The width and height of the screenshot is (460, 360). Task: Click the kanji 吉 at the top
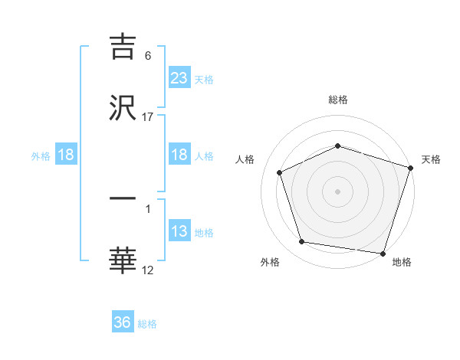(x=123, y=47)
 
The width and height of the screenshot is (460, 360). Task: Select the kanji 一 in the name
(x=123, y=198)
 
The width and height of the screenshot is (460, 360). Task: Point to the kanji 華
(x=123, y=261)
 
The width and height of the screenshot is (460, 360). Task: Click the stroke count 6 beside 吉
(x=148, y=56)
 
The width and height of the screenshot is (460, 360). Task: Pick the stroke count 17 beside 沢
(x=148, y=116)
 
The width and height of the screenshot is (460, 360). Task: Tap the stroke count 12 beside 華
(x=148, y=270)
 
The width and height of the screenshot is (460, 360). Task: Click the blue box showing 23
(x=179, y=77)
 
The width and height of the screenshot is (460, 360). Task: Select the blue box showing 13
(x=179, y=231)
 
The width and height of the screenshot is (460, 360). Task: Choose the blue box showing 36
(x=123, y=322)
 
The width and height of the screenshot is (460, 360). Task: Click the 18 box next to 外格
(x=66, y=155)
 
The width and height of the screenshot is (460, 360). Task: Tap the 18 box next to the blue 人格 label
(x=179, y=155)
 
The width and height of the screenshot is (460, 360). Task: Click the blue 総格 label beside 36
(x=147, y=324)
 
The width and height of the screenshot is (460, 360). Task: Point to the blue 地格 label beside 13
(x=204, y=233)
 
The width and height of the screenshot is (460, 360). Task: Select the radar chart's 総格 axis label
(x=337, y=100)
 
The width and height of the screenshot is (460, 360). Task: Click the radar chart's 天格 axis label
(x=431, y=159)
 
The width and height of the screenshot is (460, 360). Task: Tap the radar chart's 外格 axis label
(x=270, y=262)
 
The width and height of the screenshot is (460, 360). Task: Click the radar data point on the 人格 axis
(x=281, y=172)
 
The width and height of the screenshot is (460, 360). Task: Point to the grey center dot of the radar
(x=337, y=191)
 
